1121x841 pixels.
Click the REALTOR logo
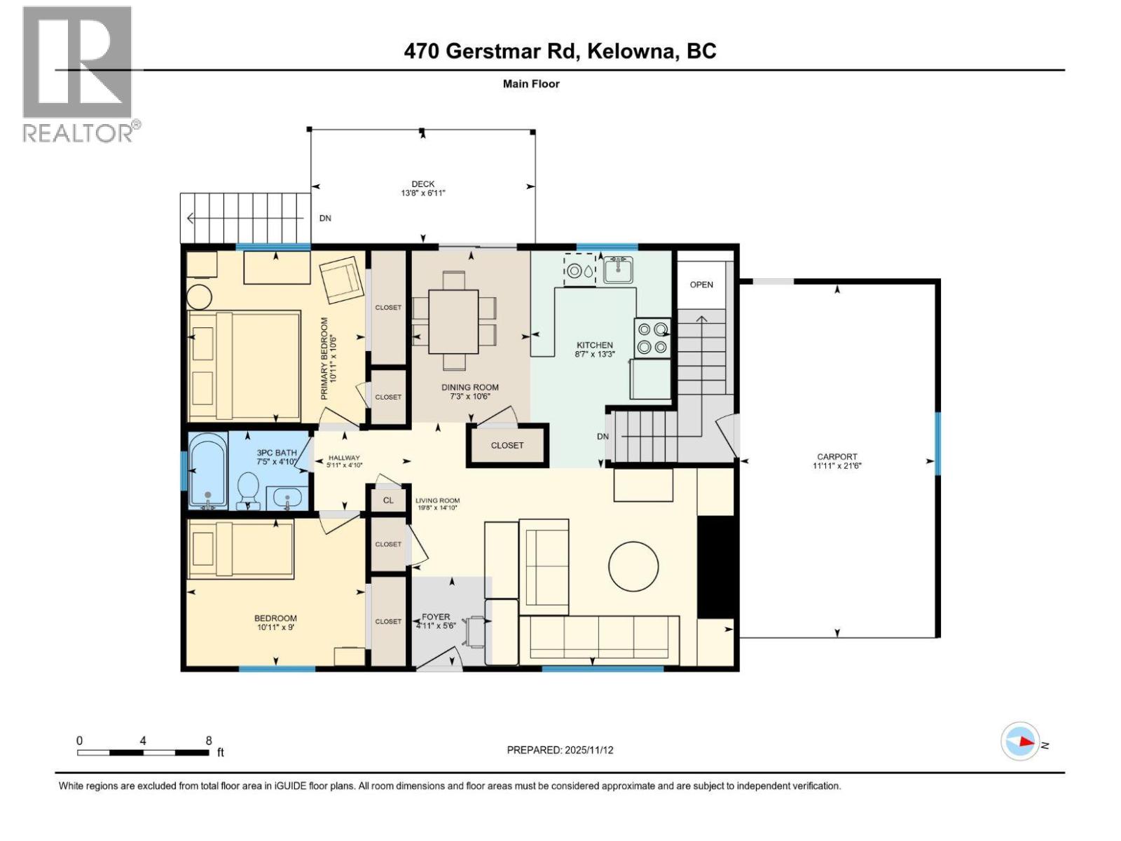(x=77, y=74)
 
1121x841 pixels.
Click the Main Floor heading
(x=531, y=84)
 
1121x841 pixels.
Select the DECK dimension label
(x=423, y=189)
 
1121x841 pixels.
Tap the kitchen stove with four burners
(x=652, y=337)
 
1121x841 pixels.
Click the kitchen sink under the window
(x=618, y=270)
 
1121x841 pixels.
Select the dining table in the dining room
(x=453, y=321)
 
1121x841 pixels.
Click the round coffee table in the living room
(x=633, y=567)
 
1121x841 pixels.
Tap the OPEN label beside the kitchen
(x=701, y=285)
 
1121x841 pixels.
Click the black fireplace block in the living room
(x=715, y=567)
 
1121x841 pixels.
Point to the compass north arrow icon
(x=1022, y=741)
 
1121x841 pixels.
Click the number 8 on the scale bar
(x=209, y=740)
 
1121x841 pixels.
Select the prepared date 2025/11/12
(x=560, y=750)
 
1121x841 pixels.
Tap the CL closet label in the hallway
(x=388, y=500)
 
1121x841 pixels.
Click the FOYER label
(x=436, y=617)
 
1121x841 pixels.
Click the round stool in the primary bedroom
(x=199, y=296)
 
